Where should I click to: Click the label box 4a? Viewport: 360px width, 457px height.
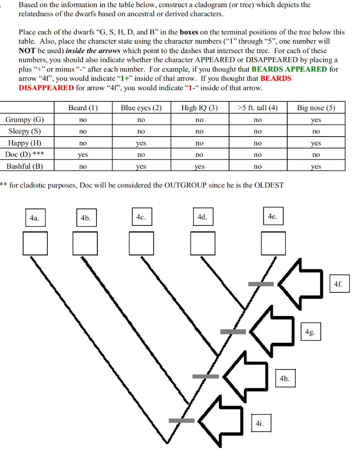(34, 218)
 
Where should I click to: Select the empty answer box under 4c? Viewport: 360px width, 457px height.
(141, 243)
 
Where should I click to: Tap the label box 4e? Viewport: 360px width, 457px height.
(272, 216)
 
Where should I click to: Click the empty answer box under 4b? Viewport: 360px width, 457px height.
(86, 243)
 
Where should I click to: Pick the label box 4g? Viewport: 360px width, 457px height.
(310, 332)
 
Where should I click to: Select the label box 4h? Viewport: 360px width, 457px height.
(285, 378)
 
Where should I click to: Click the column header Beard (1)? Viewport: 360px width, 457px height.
(83, 108)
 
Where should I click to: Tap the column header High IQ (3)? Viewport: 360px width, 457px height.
(199, 108)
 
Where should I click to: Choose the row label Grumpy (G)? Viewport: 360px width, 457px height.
(25, 120)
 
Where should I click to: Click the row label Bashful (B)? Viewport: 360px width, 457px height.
(25, 166)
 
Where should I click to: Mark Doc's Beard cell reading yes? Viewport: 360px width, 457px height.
(83, 155)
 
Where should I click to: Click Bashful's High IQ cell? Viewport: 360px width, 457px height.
(199, 166)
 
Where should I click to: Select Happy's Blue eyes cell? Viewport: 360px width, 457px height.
(141, 143)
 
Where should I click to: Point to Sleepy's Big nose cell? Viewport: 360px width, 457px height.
(316, 132)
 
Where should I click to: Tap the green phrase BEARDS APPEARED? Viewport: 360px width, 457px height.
(289, 69)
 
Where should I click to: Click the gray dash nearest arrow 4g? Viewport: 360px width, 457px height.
(233, 331)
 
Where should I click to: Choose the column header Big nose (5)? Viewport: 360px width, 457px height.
(316, 108)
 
